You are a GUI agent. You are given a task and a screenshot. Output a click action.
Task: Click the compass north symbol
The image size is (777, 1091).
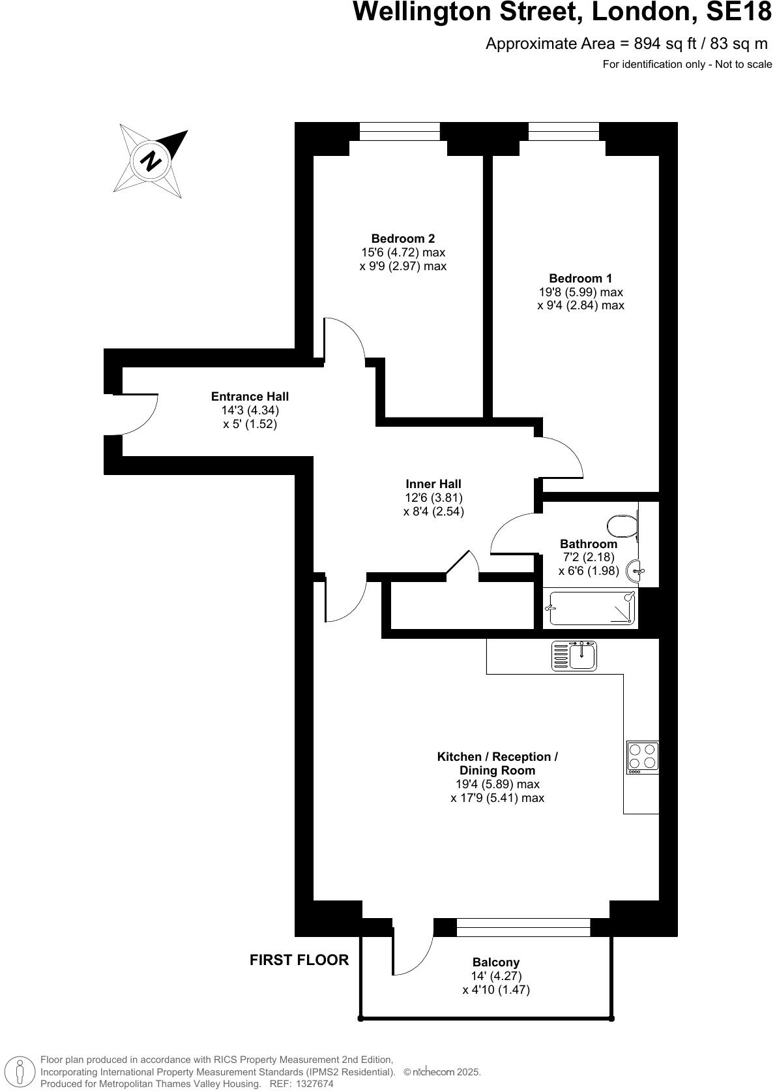pos(151,160)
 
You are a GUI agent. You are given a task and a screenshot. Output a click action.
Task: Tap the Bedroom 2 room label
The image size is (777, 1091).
pos(403,239)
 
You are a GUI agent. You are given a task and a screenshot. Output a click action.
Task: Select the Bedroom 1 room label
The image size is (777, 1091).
pos(580,279)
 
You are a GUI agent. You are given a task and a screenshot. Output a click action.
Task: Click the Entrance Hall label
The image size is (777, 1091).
pos(250,397)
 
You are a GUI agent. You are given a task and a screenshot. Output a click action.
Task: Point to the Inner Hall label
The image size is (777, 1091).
pos(433,484)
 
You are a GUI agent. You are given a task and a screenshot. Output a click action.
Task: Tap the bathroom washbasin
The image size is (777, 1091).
pos(636,572)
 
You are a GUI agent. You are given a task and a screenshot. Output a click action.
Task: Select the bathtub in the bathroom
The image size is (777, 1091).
pos(591,608)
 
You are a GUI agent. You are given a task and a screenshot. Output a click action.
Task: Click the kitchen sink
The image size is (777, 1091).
pos(574,656)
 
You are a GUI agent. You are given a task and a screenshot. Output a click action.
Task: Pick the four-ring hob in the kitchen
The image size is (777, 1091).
pos(642,758)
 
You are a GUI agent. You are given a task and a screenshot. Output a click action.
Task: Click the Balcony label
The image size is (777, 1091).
pos(496,962)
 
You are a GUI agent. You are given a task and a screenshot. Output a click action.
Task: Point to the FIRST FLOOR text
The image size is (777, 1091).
pos(299,960)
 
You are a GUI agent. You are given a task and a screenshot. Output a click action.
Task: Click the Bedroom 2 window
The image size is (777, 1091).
pos(400,132)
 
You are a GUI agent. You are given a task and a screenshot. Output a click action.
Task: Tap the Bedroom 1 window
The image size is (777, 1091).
pos(563,132)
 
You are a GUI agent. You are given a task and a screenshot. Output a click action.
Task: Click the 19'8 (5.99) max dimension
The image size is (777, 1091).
pos(580,292)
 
